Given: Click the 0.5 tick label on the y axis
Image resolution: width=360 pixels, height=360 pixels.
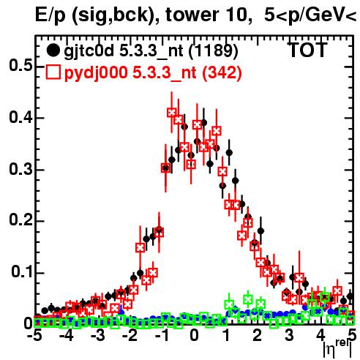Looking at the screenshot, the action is (x=21, y=66).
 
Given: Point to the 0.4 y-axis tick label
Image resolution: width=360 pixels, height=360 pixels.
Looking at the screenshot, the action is (x=21, y=118).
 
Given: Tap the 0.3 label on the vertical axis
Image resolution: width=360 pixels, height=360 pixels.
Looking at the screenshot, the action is (x=21, y=169).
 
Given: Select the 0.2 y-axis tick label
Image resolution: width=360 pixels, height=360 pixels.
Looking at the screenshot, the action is (x=21, y=220).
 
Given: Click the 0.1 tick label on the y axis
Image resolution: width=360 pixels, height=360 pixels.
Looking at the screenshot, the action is (x=22, y=272).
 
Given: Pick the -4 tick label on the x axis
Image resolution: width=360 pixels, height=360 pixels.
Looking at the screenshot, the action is (x=66, y=336).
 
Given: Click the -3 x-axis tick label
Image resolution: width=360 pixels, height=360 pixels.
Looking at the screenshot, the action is (x=98, y=336).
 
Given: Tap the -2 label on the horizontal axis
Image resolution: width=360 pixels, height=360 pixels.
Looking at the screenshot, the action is (x=130, y=336).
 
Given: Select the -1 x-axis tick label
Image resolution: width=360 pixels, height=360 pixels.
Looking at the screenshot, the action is (x=162, y=336).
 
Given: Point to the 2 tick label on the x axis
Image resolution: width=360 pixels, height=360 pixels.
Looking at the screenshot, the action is (x=258, y=336).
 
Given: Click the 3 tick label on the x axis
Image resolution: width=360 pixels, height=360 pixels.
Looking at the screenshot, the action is (x=289, y=336).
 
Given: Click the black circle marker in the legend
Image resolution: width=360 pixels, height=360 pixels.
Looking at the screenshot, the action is (x=53, y=50).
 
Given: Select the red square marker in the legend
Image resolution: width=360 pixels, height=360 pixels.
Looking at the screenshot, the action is (x=53, y=72).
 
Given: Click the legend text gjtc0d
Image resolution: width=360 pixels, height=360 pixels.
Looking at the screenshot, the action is (x=89, y=52).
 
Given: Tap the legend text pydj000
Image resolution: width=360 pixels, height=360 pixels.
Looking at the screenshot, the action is (x=96, y=73).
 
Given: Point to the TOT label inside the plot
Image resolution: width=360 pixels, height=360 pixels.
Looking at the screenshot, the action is (x=308, y=50).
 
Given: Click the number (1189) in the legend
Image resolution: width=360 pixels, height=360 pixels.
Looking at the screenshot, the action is (x=214, y=51).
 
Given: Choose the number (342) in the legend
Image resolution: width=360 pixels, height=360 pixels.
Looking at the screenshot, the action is (x=222, y=73).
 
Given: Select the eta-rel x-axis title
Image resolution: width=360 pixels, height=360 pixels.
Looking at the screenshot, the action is (x=337, y=349).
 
